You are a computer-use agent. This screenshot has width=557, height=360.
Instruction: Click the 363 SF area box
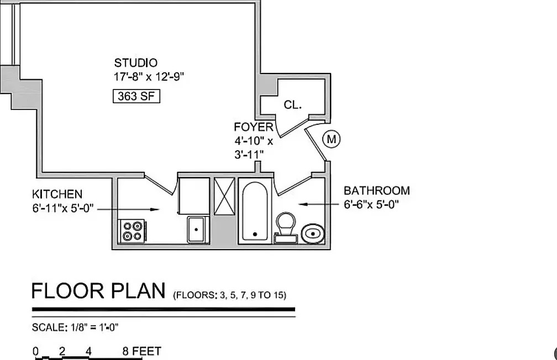click(136, 96)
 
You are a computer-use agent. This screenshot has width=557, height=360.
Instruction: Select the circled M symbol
click(331, 139)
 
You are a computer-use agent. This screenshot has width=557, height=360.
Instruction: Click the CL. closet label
click(293, 105)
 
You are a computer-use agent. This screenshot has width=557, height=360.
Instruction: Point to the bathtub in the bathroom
click(255, 212)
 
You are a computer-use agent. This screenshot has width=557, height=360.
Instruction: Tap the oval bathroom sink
click(313, 234)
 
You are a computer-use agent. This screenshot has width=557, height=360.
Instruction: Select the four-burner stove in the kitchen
click(133, 231)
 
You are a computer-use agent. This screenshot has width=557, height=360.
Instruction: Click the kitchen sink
click(196, 229)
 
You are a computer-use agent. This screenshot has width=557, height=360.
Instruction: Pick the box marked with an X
click(224, 197)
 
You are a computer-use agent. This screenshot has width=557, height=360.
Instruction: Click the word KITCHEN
click(57, 194)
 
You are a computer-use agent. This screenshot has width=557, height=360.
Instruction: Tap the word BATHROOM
click(376, 190)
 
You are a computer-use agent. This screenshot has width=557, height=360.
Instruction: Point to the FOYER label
click(254, 127)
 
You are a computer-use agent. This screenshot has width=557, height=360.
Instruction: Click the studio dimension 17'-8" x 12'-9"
click(149, 77)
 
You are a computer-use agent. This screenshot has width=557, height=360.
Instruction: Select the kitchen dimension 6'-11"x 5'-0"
click(63, 208)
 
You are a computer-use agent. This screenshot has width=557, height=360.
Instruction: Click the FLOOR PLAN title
click(98, 291)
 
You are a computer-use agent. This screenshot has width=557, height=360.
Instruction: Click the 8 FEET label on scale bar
click(141, 352)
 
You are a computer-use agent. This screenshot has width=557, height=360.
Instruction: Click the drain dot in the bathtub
click(255, 234)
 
